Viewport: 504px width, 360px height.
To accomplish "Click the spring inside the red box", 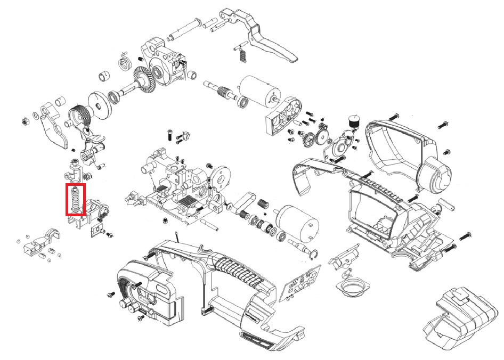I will tap(76, 200).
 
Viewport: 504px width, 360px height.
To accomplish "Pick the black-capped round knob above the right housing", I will tap(352, 121).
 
